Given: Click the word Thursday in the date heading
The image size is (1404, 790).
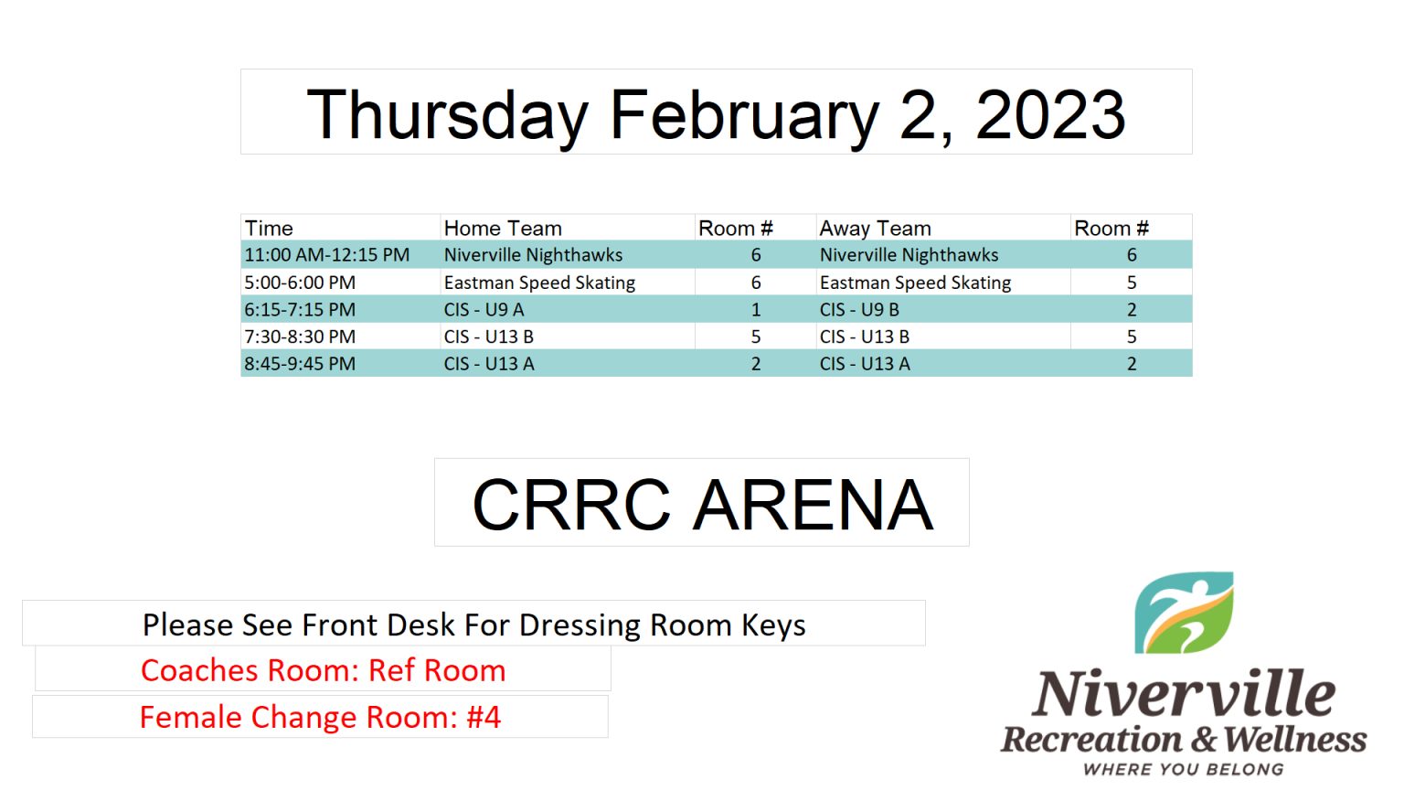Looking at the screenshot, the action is (448, 117).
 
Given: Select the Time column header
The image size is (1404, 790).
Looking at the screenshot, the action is (269, 229).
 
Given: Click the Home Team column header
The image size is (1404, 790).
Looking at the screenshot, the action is (503, 229).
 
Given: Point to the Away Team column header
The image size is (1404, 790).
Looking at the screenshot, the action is (875, 229).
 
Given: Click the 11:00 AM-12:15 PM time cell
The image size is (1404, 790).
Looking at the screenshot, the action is (326, 254).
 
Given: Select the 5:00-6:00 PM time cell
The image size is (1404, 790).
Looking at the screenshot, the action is (300, 283).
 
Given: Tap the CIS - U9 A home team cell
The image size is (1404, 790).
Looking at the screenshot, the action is (484, 310).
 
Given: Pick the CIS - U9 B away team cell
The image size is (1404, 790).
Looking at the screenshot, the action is (859, 310).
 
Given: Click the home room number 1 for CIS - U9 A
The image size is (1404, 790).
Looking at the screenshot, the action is (756, 310).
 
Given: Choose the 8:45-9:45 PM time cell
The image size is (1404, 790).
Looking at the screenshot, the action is (300, 364).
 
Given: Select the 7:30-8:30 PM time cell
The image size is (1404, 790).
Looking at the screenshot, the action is (300, 336).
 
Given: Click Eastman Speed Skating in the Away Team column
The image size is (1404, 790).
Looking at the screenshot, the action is (915, 283).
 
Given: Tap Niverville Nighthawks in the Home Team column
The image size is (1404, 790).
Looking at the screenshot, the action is (534, 255).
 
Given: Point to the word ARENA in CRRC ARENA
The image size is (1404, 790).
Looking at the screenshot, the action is (814, 505).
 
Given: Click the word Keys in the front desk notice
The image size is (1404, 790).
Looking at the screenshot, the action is (773, 625).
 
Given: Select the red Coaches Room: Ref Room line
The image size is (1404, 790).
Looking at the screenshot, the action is (323, 670).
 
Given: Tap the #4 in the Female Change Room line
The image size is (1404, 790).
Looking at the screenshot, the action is (484, 717).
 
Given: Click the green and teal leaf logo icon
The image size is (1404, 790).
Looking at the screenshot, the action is (1184, 613).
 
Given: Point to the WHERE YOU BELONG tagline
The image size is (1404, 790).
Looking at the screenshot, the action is (1184, 769).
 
